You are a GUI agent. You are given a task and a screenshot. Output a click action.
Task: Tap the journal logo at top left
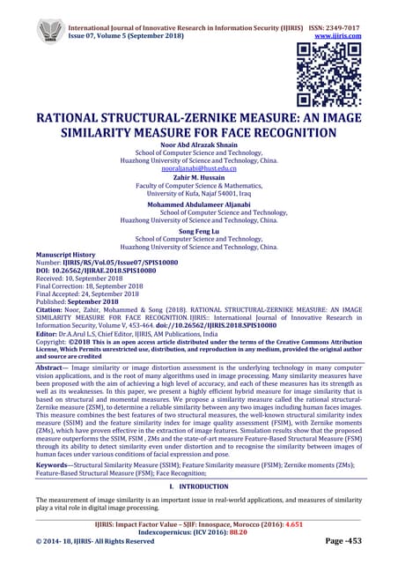[51, 28]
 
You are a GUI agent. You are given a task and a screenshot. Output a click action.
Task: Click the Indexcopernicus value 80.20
[254, 532]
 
